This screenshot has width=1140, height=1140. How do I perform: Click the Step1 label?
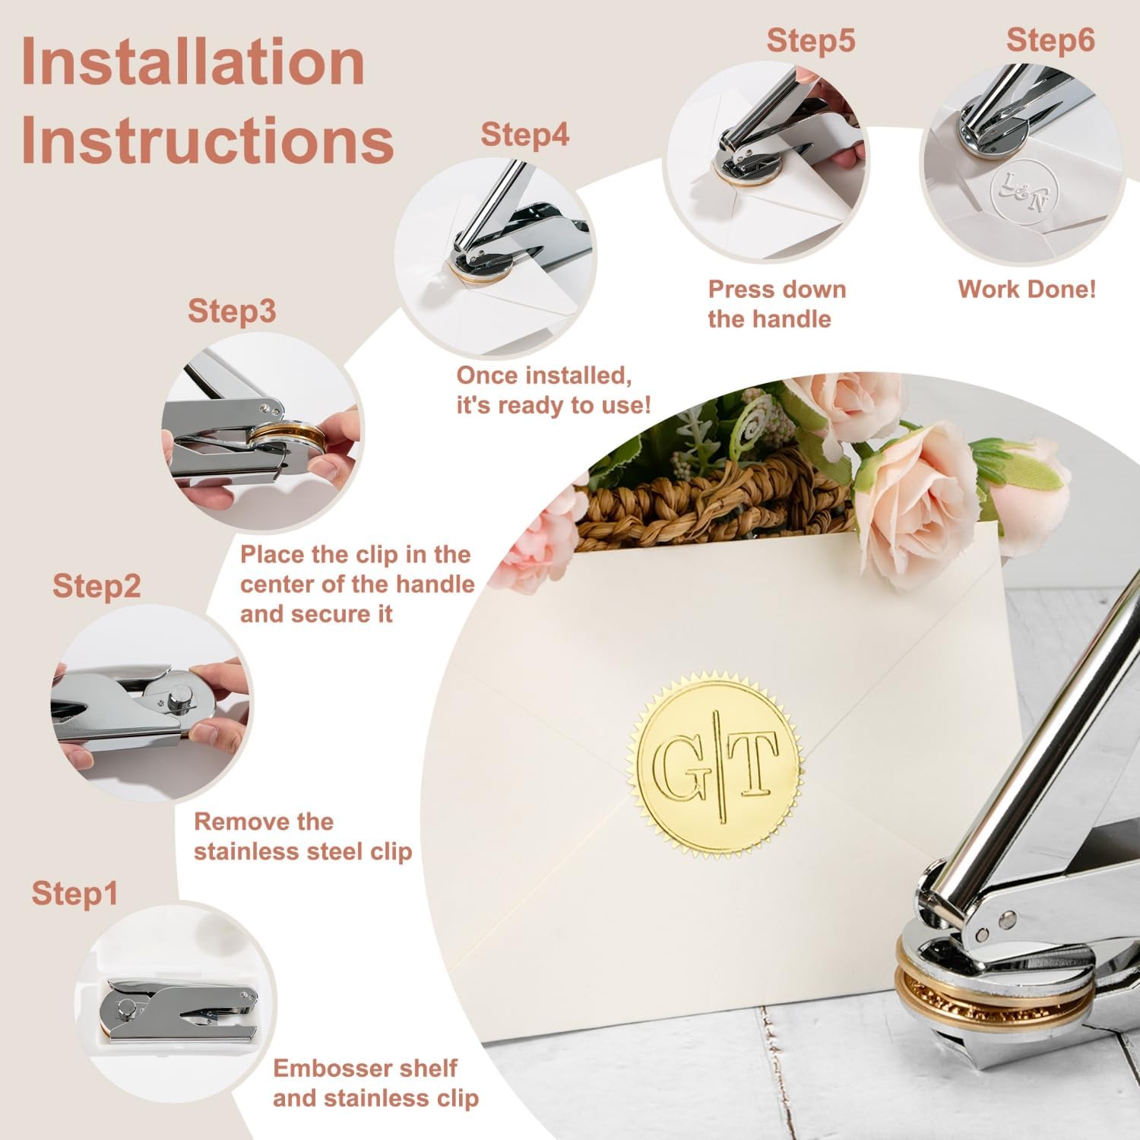point(75,895)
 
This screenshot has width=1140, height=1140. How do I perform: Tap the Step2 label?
point(97,587)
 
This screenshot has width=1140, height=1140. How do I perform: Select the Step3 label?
point(232,312)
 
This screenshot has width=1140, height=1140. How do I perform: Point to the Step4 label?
point(525,135)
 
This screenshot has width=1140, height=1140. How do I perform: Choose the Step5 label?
point(811,40)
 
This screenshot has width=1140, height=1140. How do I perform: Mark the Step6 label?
point(1051,40)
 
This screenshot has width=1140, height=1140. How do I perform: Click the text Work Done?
point(1027,290)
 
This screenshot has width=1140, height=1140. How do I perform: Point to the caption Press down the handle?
point(777,304)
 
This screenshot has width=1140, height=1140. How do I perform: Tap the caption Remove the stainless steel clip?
point(302,836)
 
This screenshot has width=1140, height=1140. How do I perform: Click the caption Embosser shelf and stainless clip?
point(376,1083)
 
